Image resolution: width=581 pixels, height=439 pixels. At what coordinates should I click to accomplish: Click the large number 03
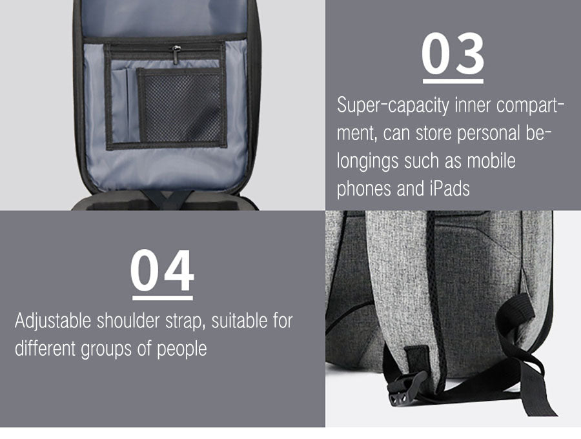(453, 54)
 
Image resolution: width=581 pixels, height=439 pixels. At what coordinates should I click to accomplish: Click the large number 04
(162, 271)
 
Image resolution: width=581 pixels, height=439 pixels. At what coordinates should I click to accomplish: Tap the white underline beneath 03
(453, 81)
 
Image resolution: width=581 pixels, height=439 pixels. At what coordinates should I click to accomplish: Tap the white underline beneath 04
(162, 298)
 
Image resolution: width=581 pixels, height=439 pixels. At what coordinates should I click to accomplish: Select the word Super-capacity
(393, 106)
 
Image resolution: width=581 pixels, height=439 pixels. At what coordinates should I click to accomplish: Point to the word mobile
(491, 161)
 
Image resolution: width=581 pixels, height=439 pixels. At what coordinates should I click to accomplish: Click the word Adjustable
(53, 321)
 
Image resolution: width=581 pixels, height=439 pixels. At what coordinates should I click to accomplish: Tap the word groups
(106, 349)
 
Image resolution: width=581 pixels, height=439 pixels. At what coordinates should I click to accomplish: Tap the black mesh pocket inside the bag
(182, 107)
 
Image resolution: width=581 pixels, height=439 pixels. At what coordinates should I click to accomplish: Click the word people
(181, 349)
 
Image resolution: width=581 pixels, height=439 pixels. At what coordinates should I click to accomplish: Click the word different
(45, 349)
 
